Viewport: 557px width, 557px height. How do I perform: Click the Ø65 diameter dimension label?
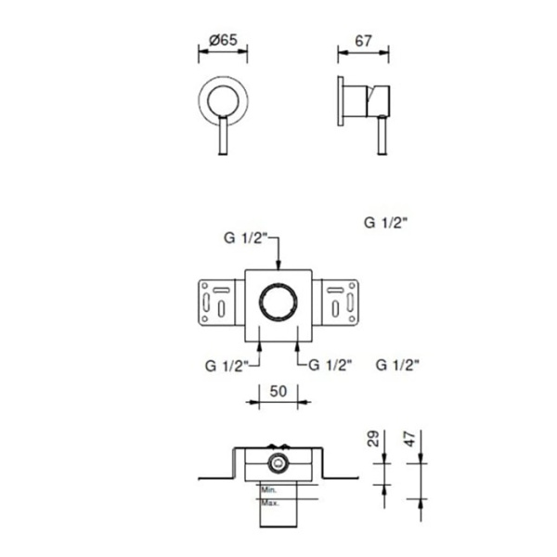pyautogui.click(x=223, y=40)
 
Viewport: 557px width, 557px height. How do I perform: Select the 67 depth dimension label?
pyautogui.click(x=363, y=41)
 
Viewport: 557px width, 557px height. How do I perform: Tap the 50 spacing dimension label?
pyautogui.click(x=278, y=391)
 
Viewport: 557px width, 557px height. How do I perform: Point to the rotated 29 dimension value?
pyautogui.click(x=374, y=438)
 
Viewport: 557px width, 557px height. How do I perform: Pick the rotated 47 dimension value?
pyautogui.click(x=409, y=439)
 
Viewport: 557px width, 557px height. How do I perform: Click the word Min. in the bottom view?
pyautogui.click(x=269, y=490)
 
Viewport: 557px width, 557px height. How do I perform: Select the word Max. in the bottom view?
pyautogui.click(x=270, y=502)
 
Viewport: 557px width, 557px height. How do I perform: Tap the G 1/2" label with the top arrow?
pyautogui.click(x=245, y=238)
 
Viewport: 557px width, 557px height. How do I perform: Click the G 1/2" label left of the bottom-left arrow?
pyautogui.click(x=227, y=366)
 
